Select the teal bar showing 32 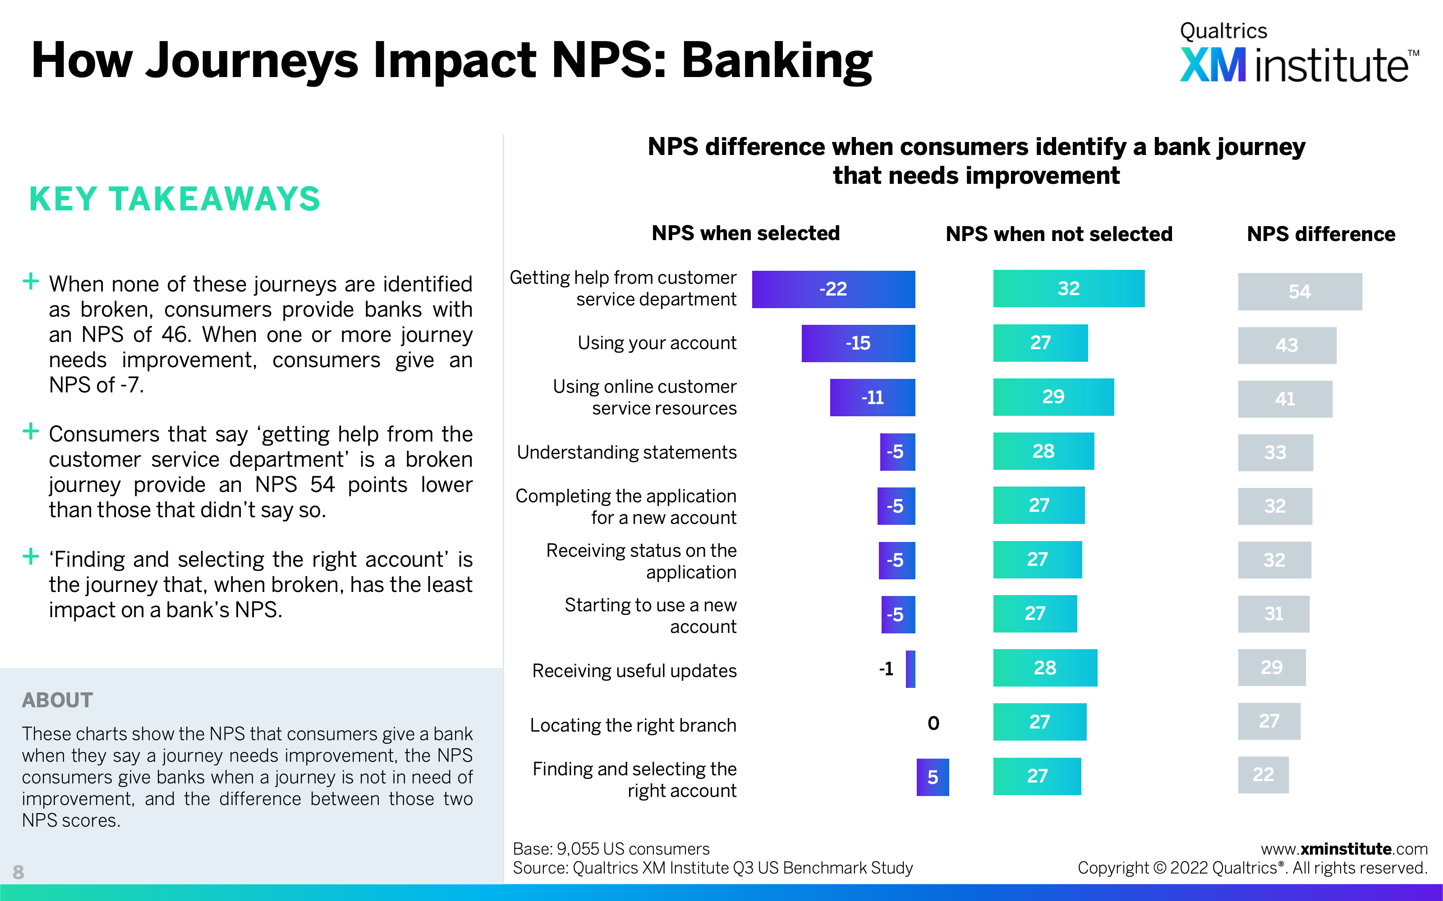(x=1069, y=288)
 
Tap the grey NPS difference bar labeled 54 (x=1300, y=291)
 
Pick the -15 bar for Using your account (x=858, y=343)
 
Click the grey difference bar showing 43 (x=1287, y=345)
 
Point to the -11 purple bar (x=873, y=397)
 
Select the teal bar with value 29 (x=1054, y=397)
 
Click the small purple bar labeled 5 (x=933, y=777)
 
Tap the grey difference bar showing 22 (x=1263, y=775)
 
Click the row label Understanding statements (x=627, y=452)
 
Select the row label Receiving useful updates (x=634, y=670)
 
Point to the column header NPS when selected (x=746, y=233)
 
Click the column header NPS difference (x=1321, y=234)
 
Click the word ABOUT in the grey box (x=57, y=700)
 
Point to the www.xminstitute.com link (x=1344, y=849)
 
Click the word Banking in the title (x=777, y=61)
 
